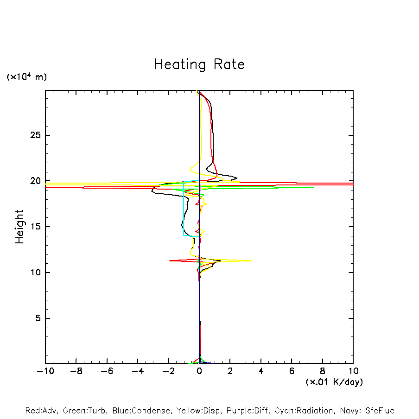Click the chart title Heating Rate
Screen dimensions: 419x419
pos(199,64)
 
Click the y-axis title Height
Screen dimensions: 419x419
pos(19,227)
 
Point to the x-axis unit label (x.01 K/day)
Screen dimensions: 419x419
pos(334,382)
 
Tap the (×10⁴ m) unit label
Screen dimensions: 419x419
pos(26,77)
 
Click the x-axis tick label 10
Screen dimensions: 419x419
pos(353,371)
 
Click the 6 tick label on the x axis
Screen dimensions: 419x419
pos(292,371)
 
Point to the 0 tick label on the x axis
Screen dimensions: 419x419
pos(199,371)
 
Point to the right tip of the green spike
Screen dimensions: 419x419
pos(314,187)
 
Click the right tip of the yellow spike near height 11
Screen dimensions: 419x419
pos(251,260)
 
